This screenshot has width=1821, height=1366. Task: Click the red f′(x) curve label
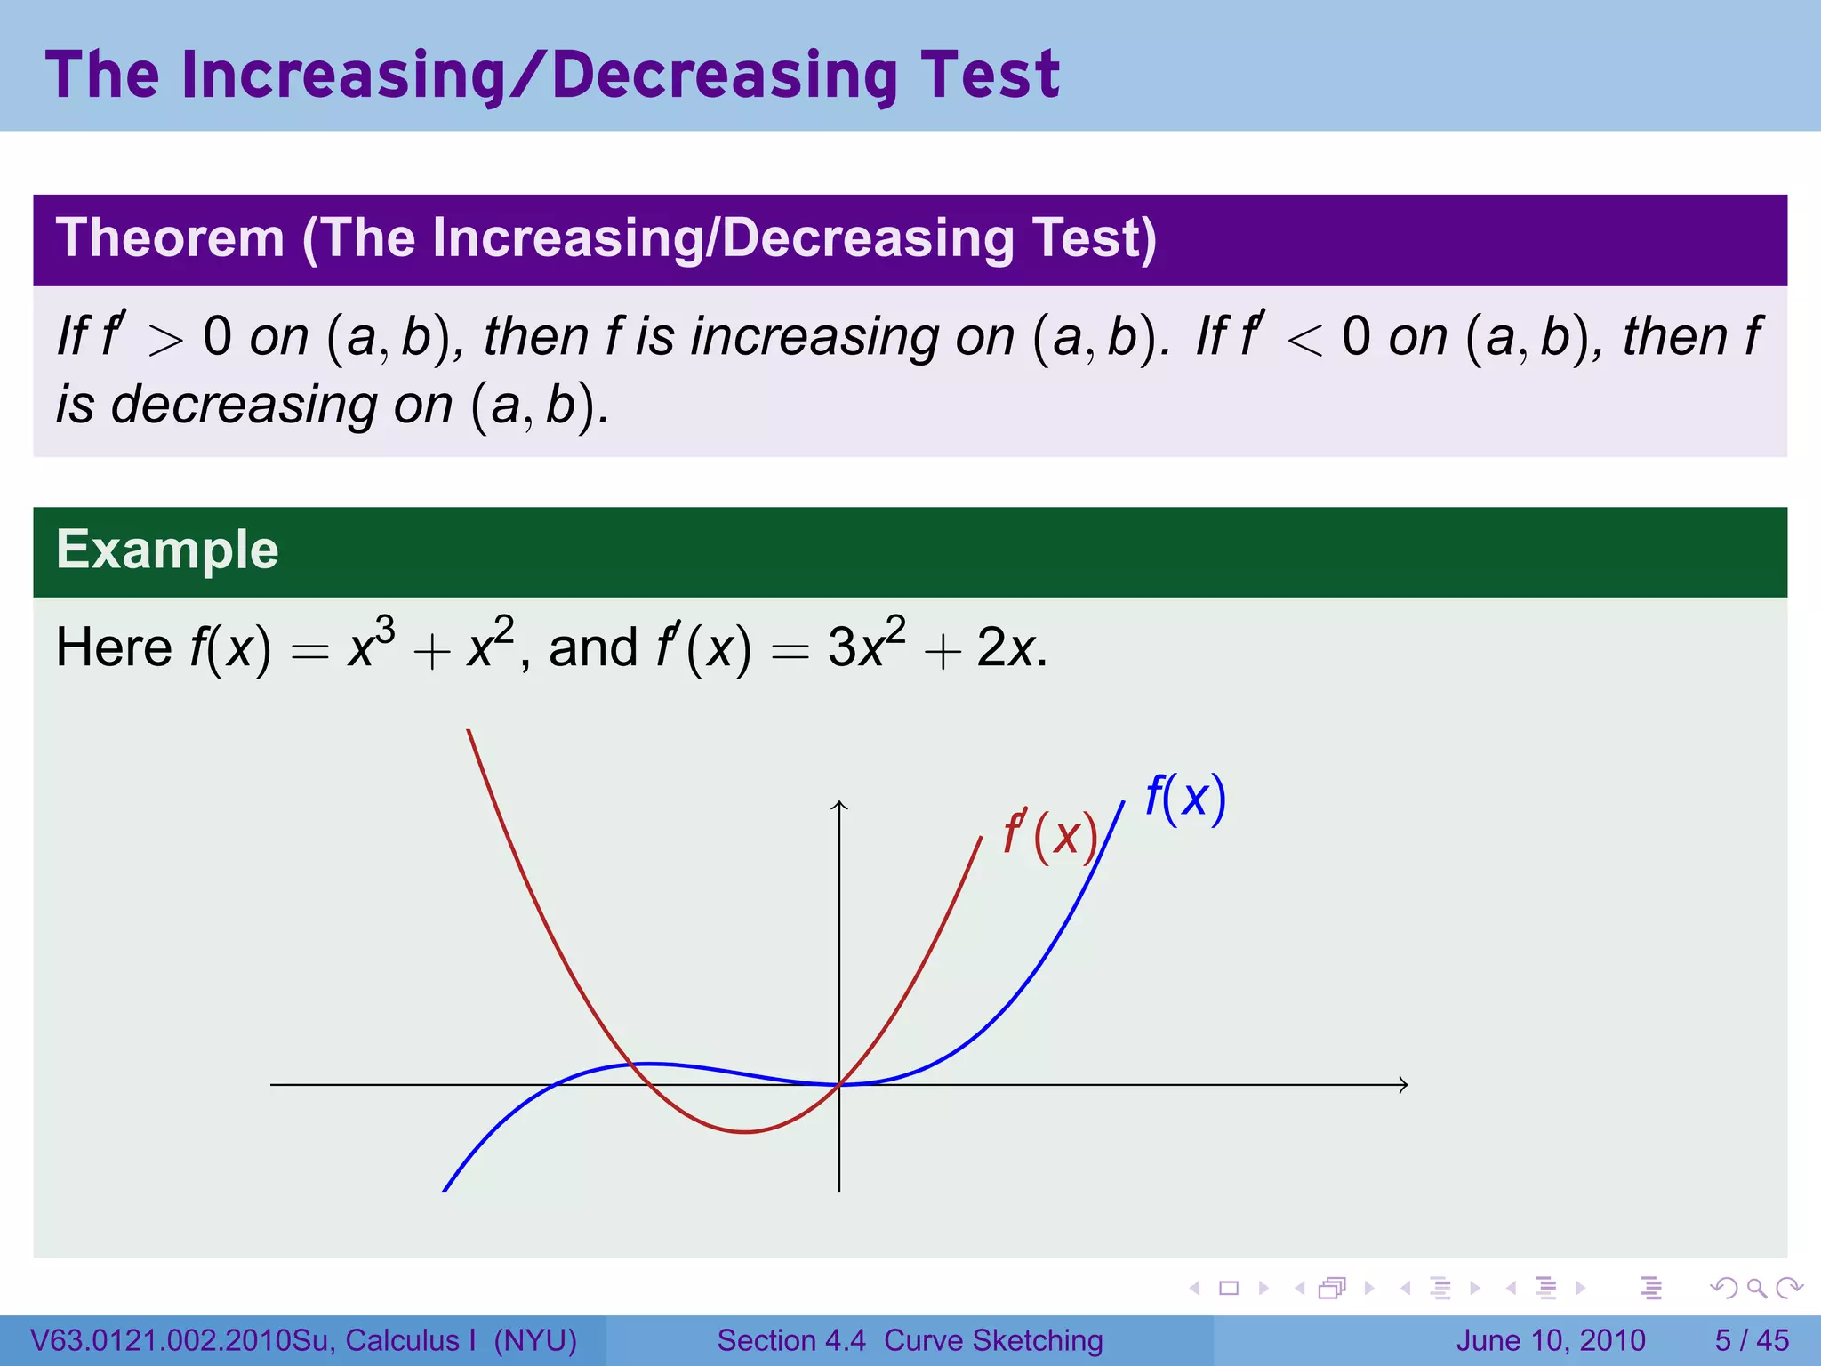coord(1050,835)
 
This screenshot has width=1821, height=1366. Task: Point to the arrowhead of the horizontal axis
coord(1404,1084)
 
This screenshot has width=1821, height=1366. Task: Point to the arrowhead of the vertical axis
coord(839,806)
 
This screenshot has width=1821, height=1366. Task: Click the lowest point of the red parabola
coord(745,1131)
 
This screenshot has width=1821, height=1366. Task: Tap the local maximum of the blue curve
coord(651,1063)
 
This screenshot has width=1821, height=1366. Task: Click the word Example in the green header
coord(167,550)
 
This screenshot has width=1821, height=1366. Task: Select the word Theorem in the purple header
coord(170,238)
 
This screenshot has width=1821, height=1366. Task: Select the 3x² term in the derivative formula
coord(866,644)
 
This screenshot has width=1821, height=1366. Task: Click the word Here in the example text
coord(113,647)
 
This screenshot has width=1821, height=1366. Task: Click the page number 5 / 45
coord(1752,1340)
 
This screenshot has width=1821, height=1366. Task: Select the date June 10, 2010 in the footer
coord(1551,1340)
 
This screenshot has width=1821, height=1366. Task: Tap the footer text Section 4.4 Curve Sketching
coord(910,1340)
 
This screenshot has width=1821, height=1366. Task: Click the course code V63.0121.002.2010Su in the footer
coord(182,1340)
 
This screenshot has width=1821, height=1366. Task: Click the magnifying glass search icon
coord(1755,1288)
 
